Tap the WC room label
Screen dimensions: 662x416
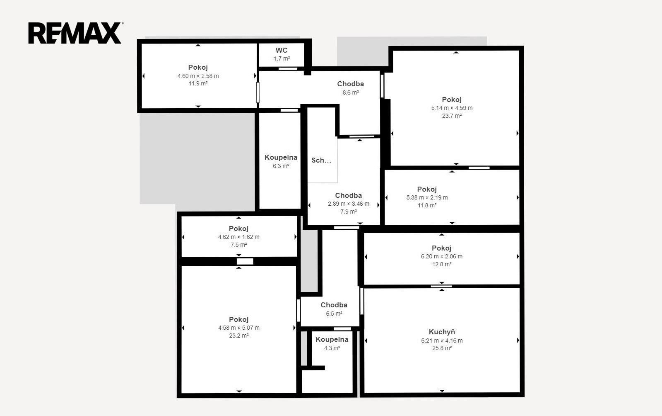[282, 50]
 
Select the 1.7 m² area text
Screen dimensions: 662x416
[282, 58]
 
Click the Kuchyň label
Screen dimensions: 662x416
[441, 332]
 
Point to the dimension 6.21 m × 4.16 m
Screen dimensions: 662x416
[442, 341]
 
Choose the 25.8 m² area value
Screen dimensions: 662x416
[442, 348]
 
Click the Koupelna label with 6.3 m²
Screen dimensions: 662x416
[281, 158]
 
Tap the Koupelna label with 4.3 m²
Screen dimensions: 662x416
[332, 340]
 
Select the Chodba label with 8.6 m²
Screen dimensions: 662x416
[351, 84]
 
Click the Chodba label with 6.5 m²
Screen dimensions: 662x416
[334, 305]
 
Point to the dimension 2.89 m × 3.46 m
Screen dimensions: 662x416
[349, 204]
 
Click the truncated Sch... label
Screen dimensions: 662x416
[321, 161]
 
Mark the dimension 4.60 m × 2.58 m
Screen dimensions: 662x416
[198, 76]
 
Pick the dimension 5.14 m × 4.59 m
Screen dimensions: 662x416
[452, 108]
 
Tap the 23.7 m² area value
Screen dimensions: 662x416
[452, 116]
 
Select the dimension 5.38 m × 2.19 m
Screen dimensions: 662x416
[427, 197]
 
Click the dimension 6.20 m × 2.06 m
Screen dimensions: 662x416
[441, 256]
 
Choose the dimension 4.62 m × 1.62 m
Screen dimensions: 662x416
[239, 237]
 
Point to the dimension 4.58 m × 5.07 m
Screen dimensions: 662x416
[239, 328]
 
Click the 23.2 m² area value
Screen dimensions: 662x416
[239, 336]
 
